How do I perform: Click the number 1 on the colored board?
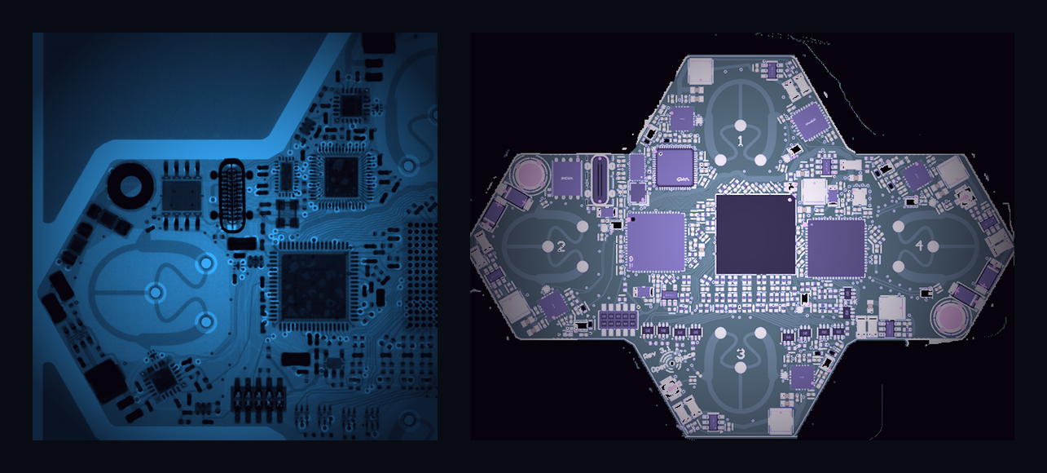coord(741,140)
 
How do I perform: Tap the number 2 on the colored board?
coord(561,247)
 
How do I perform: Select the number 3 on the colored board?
coord(740,353)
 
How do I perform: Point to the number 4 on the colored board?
coord(919,245)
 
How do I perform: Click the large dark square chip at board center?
coord(755,234)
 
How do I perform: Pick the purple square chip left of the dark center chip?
coord(656,241)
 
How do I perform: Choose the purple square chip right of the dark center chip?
coord(836,248)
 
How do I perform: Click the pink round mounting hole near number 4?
coord(950,316)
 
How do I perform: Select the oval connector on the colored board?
coord(600,179)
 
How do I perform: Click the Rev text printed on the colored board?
coord(649,356)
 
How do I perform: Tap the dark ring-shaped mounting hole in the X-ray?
coord(128,186)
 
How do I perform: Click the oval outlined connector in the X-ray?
coord(232,196)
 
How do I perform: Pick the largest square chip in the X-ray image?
coord(314,285)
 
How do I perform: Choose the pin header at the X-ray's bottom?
coord(257,397)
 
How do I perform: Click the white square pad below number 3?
coord(780,421)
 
